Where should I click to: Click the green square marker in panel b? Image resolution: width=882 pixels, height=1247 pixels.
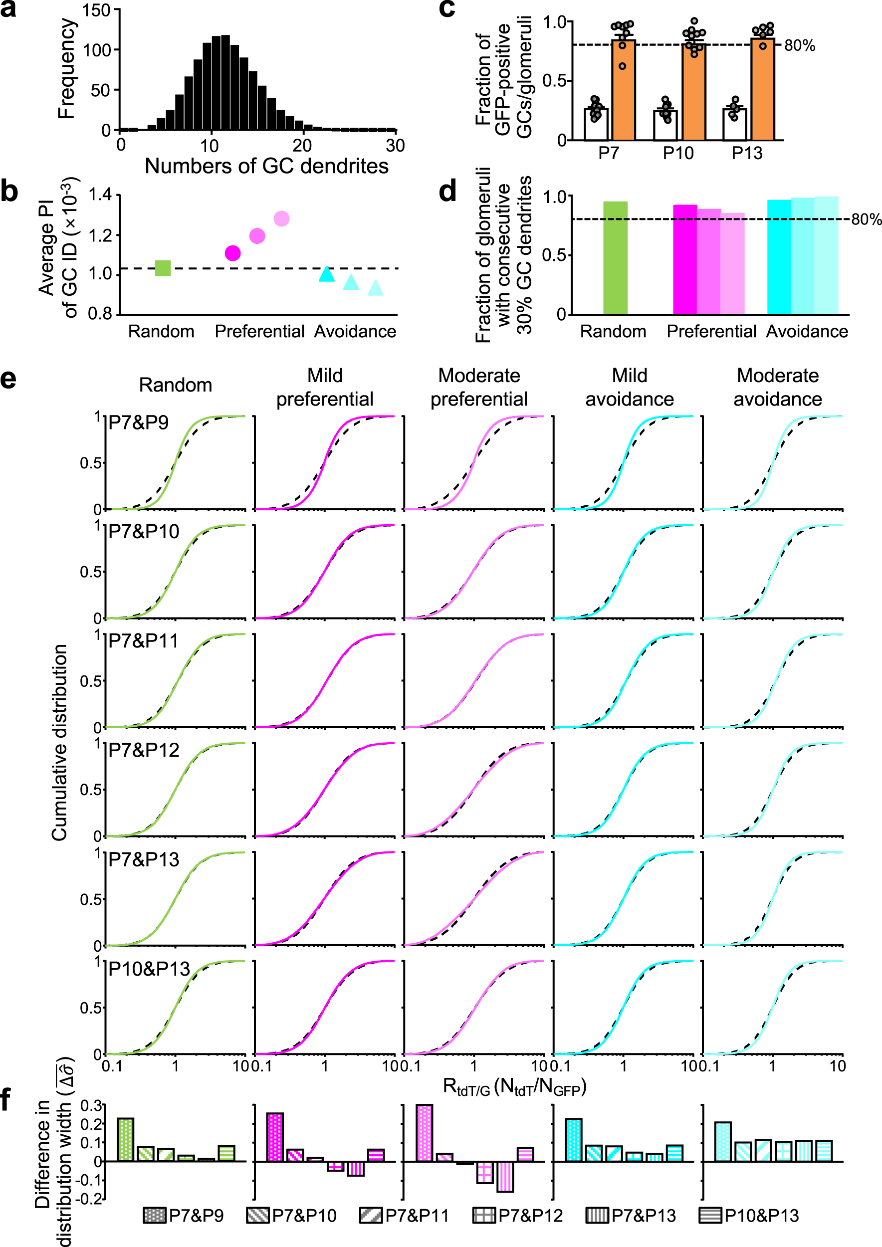coord(163,268)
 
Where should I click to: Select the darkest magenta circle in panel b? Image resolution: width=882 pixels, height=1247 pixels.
coord(232,253)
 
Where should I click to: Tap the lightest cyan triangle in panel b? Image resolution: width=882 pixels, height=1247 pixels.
coord(375,288)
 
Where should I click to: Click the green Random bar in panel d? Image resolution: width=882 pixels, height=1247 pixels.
coord(615,258)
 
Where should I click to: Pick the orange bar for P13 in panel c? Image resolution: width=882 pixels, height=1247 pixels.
coord(763,90)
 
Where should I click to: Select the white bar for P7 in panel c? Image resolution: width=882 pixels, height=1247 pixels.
coord(596,124)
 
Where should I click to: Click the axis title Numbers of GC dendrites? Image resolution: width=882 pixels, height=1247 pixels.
coord(267,166)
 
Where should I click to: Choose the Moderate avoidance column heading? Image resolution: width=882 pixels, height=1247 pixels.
coord(777,387)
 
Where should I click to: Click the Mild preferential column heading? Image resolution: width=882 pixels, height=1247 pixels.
coord(325,387)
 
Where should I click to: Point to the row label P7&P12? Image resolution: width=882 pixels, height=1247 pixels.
coord(144,751)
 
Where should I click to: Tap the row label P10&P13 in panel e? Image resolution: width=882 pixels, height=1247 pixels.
coord(149,969)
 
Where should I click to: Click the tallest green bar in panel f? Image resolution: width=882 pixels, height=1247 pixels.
coord(125,1139)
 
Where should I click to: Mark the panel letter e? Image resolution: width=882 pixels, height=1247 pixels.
coord(8,379)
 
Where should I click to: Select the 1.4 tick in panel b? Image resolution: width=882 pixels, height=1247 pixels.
coord(100,195)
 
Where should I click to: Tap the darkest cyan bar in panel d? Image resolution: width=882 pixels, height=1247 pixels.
coord(779,257)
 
